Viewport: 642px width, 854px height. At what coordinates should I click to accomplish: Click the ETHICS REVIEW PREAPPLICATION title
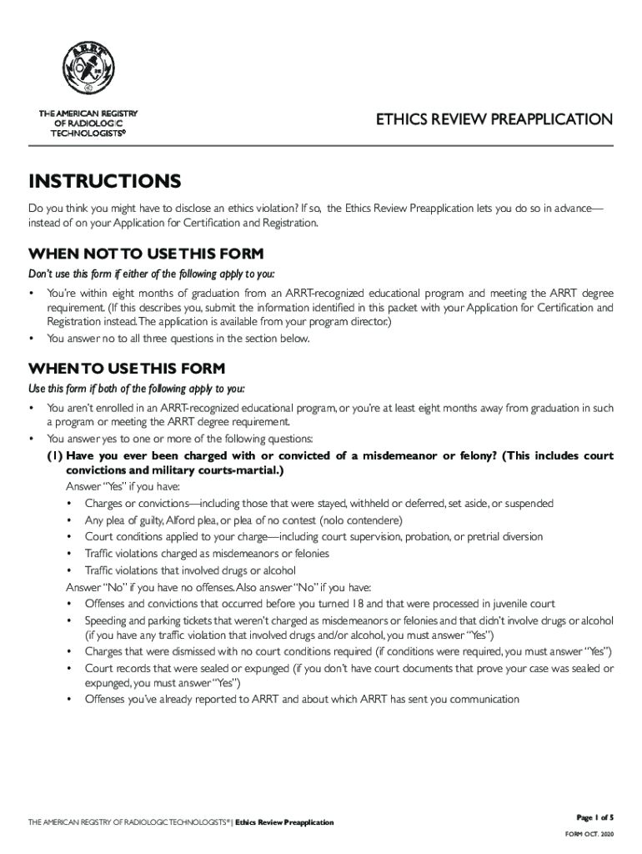494,120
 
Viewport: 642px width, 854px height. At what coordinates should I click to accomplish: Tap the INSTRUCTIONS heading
104,182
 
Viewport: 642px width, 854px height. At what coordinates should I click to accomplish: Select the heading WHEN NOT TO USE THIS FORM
146,254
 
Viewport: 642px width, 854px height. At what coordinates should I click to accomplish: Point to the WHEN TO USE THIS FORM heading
127,369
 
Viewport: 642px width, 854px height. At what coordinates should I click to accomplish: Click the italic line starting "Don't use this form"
151,274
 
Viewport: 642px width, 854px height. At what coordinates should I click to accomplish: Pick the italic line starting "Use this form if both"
137,389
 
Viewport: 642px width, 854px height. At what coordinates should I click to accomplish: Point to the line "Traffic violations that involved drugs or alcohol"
190,570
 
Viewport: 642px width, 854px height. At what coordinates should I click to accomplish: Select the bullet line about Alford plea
243,520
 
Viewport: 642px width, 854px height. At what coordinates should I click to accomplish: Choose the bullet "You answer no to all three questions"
178,339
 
